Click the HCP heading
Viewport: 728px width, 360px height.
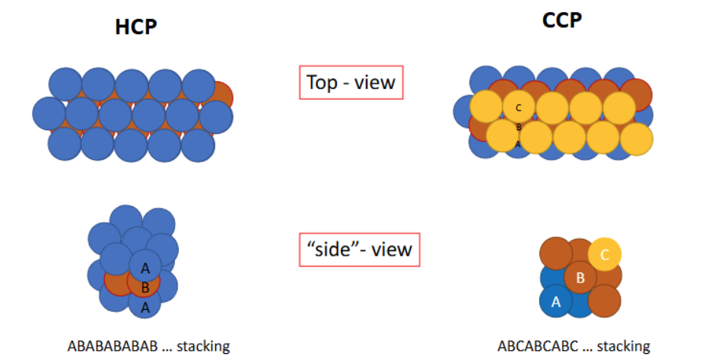click(136, 26)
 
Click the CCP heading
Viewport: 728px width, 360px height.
click(561, 21)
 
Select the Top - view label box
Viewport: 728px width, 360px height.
click(351, 82)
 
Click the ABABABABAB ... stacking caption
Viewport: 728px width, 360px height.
click(148, 346)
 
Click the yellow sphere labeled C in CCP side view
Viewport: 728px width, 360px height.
click(605, 255)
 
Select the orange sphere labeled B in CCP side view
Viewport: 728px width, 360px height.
click(580, 279)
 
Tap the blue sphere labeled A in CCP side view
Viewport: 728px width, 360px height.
click(556, 301)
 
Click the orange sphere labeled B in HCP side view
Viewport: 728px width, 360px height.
click(145, 287)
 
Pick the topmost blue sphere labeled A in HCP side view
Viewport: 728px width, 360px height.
click(145, 266)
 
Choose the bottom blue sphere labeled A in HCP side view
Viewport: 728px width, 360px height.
click(145, 307)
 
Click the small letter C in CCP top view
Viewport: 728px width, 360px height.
click(519, 108)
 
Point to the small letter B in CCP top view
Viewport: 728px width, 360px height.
click(519, 127)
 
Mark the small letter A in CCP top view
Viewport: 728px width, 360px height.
click(518, 144)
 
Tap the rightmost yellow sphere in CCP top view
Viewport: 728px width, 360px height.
click(636, 139)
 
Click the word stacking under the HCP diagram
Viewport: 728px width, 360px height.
click(203, 346)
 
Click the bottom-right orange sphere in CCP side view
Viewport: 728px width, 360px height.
click(605, 301)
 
